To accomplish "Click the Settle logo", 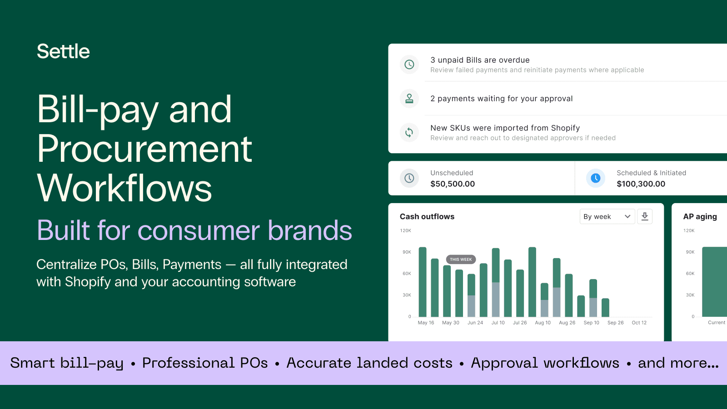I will (63, 51).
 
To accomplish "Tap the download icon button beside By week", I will (645, 217).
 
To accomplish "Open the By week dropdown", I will (607, 217).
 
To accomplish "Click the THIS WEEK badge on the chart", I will (461, 259).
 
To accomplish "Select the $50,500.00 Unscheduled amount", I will (453, 184).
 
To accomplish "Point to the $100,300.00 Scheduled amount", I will (641, 184).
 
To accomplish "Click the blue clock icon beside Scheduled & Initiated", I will (595, 178).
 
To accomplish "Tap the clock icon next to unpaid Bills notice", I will (409, 65).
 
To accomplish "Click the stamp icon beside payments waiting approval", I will (409, 99).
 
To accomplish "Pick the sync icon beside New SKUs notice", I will (409, 132).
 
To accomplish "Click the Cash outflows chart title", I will (427, 217).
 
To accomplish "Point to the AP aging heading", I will (700, 217).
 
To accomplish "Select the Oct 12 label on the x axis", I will (639, 323).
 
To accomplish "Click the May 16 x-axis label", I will (426, 323).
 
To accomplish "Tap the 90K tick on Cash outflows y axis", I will (407, 252).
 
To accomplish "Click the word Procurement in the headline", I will (144, 149).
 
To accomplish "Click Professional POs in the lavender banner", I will (205, 363).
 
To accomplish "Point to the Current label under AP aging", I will (717, 323).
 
